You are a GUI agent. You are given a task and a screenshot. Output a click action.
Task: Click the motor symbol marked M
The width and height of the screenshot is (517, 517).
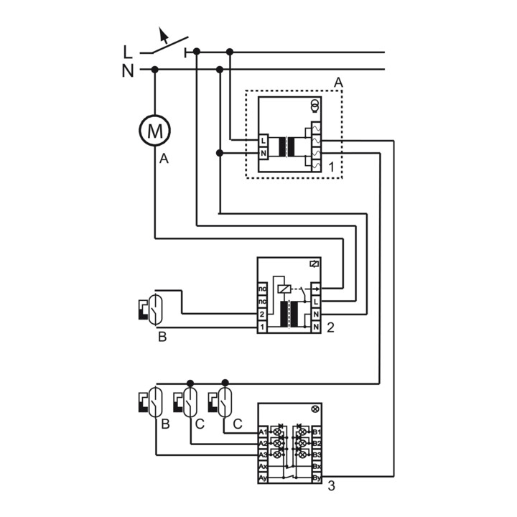point(154,130)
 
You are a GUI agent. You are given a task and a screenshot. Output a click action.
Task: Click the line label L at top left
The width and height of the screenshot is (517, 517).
point(128,52)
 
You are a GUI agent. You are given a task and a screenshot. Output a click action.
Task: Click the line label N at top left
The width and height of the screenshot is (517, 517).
point(128,70)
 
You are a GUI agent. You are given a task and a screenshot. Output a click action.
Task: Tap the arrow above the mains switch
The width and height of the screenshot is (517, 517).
point(164,34)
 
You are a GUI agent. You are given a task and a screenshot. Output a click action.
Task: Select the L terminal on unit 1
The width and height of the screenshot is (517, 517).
point(264,140)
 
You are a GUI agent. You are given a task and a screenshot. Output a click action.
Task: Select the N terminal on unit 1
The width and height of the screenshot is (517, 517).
point(264,153)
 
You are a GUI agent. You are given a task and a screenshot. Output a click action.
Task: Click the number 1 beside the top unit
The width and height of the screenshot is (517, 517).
point(331,167)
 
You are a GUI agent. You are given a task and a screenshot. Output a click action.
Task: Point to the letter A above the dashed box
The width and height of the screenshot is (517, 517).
point(338,83)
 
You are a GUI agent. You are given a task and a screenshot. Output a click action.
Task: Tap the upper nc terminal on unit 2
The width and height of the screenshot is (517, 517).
point(263,289)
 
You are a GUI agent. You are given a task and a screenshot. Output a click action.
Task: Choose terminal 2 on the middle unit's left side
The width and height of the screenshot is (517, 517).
point(263,315)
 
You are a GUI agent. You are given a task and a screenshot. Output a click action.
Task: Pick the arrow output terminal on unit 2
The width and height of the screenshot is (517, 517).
point(316,289)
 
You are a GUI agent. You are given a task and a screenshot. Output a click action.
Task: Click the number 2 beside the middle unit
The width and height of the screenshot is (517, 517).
point(330,327)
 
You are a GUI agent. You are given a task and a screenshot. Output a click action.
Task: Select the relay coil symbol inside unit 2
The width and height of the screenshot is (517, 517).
point(285,289)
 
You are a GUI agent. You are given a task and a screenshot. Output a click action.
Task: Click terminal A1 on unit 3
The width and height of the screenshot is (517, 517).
point(263,432)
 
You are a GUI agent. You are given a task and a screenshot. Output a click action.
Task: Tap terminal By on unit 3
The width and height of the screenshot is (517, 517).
point(317,477)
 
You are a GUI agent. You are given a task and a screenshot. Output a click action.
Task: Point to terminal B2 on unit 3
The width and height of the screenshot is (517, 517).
point(317,444)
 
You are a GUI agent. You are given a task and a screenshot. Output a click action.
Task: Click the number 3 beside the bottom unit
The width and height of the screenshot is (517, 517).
point(331,486)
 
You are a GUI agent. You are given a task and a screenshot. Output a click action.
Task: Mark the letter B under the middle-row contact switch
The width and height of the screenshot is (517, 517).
point(162,337)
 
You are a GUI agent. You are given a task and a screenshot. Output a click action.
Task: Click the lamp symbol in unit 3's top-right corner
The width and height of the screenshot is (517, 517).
point(315,409)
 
